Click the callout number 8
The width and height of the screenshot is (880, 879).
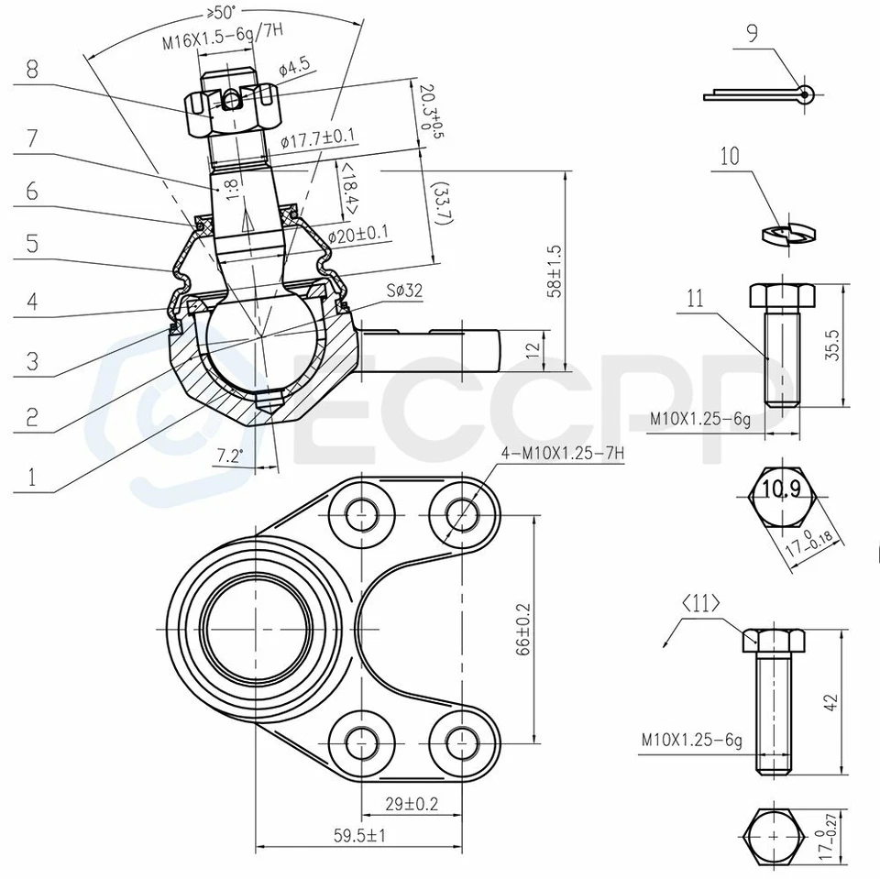pos(32,71)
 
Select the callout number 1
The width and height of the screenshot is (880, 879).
pos(32,477)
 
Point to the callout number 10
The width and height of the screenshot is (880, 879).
pos(729,156)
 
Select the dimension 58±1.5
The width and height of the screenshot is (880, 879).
pos(553,271)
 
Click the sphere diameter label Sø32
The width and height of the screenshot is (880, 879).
pos(403,291)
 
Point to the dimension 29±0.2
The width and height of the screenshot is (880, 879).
pos(410,804)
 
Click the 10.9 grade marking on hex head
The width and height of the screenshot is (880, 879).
pos(780,489)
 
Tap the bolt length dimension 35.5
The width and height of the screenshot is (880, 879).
pos(831,345)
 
